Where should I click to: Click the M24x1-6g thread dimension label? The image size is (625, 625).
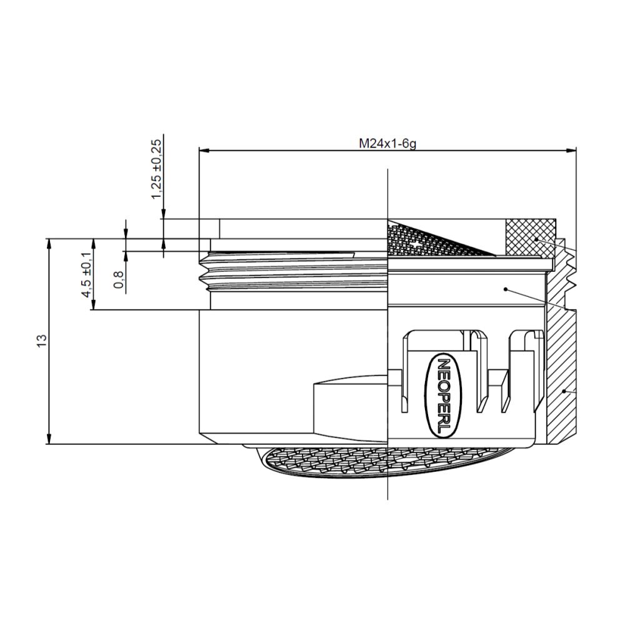(387, 143)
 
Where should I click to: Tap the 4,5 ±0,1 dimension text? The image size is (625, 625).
(87, 273)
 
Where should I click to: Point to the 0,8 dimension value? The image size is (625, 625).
(119, 279)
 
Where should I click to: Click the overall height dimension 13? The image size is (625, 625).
(42, 341)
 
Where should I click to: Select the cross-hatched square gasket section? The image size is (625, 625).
(529, 237)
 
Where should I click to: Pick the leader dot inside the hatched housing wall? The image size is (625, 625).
(564, 391)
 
